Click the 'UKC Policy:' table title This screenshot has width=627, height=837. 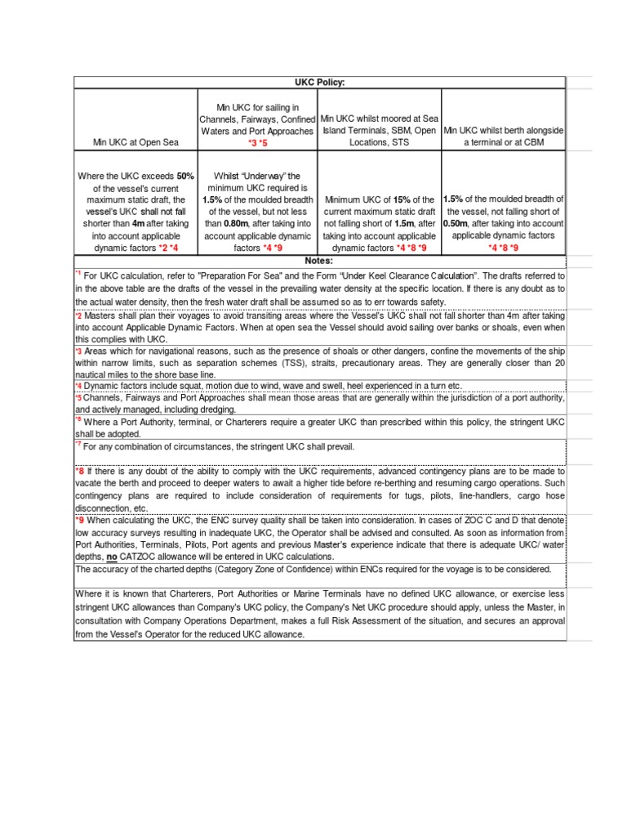tap(319, 83)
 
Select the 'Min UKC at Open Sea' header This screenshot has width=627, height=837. tap(135, 143)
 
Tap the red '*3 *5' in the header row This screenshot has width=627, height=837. tap(257, 143)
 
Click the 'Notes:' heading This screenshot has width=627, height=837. tap(319, 260)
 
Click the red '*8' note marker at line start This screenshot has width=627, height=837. tap(80, 472)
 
